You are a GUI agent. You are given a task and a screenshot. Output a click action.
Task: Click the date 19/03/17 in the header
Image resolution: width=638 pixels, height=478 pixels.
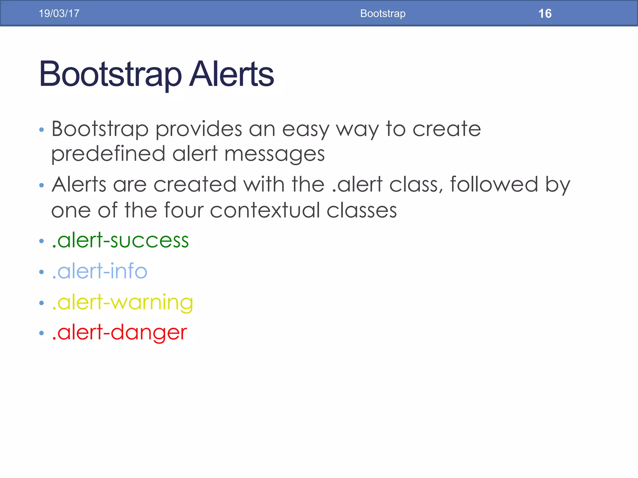point(59,13)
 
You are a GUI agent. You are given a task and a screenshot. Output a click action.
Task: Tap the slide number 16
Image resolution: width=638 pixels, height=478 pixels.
point(545,13)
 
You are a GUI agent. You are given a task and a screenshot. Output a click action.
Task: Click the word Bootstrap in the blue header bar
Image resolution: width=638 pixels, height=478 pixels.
point(383,13)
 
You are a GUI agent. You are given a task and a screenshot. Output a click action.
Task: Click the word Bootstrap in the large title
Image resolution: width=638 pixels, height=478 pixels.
point(110,74)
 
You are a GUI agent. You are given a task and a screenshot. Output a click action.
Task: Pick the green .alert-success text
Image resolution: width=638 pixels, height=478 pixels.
point(120,241)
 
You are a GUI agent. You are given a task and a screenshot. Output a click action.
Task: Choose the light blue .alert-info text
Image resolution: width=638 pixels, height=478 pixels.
point(99,271)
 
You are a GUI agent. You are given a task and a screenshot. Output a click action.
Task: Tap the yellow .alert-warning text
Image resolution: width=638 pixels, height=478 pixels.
point(122,302)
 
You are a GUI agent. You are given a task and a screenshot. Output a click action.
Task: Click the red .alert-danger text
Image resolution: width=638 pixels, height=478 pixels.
point(119,332)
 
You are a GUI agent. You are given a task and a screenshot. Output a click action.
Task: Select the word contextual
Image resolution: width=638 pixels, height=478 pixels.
point(264,210)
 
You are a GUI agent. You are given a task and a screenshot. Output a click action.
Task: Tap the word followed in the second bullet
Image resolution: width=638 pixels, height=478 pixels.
point(494,184)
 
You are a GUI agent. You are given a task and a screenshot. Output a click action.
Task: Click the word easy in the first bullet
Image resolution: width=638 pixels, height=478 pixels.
point(306,129)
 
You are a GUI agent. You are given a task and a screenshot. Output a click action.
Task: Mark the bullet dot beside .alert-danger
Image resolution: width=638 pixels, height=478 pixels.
point(41,333)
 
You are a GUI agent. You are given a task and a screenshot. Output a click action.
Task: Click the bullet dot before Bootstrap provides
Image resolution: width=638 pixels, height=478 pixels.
point(41,130)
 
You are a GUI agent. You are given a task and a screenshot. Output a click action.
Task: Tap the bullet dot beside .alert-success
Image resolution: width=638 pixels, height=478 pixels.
point(41,241)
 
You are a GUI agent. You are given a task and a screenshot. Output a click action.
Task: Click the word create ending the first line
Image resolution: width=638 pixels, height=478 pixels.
point(447,129)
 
